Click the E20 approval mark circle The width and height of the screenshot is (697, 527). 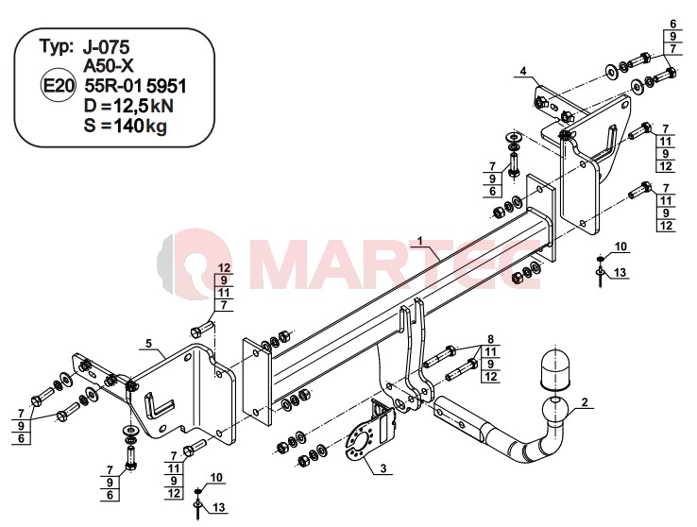pyautogui.click(x=58, y=85)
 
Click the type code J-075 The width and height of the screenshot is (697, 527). pyautogui.click(x=106, y=46)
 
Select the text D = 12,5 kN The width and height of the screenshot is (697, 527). pyautogui.click(x=128, y=106)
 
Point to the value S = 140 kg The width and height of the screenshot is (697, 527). pyautogui.click(x=126, y=127)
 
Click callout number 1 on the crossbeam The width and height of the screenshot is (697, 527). pyautogui.click(x=419, y=241)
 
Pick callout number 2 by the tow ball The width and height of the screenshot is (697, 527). pyautogui.click(x=585, y=402)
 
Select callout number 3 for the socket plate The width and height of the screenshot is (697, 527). pyautogui.click(x=382, y=467)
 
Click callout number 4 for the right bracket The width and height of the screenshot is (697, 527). pyautogui.click(x=523, y=71)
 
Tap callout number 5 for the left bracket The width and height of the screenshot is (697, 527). pyautogui.click(x=148, y=343)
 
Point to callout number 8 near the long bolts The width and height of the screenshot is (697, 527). pyautogui.click(x=491, y=339)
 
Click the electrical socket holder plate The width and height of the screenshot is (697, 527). pyautogui.click(x=370, y=433)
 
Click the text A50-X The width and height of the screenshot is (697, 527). pyautogui.click(x=109, y=66)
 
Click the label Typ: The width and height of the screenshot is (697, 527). pyautogui.click(x=57, y=46)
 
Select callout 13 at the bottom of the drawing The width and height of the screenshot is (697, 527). pyautogui.click(x=219, y=507)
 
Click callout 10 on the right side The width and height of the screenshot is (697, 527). pyautogui.click(x=621, y=246)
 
